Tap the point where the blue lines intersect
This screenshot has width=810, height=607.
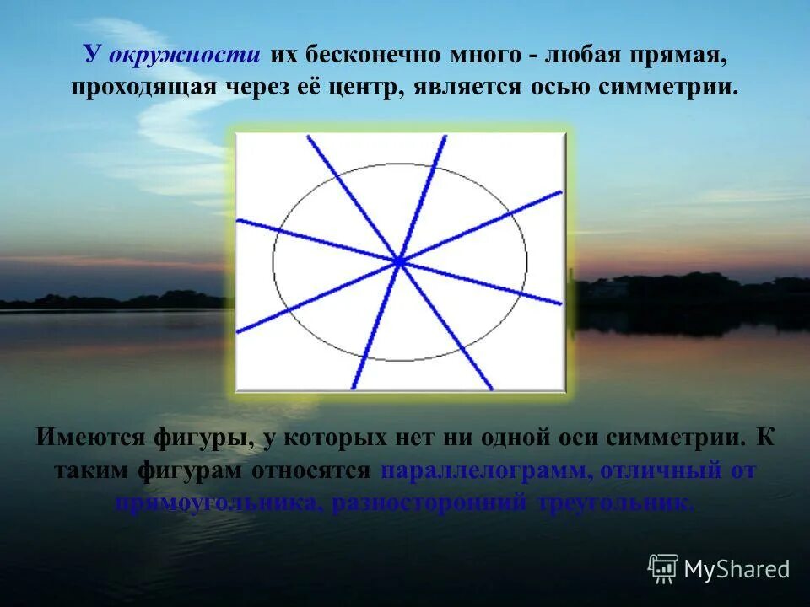[x=399, y=263]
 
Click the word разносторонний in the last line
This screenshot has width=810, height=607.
[x=427, y=503]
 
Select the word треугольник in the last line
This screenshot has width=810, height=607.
[x=616, y=503]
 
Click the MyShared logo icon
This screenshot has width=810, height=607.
[x=663, y=569]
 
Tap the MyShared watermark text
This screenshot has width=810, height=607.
[x=737, y=570]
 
